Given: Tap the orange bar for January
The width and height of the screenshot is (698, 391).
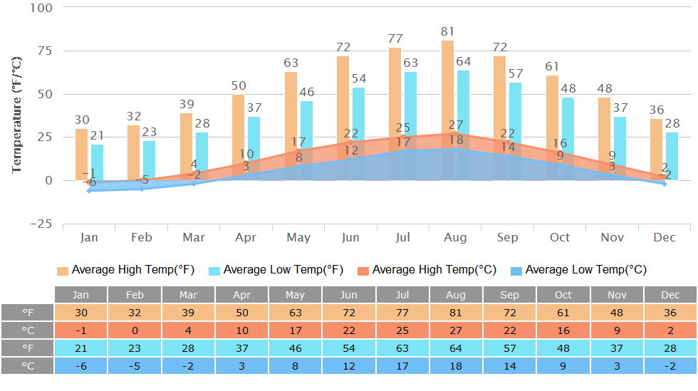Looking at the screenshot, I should click(x=82, y=153).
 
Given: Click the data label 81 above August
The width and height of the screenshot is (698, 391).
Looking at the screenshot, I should click(x=447, y=31).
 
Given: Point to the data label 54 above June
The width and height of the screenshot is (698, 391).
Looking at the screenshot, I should click(x=359, y=78).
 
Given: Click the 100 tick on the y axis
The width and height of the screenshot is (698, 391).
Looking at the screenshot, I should click(x=41, y=8).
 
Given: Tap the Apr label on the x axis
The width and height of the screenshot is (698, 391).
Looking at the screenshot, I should click(x=246, y=237).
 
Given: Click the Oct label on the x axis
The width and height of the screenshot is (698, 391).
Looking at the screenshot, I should click(x=560, y=237).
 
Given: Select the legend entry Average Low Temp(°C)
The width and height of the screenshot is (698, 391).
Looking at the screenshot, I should click(x=578, y=270).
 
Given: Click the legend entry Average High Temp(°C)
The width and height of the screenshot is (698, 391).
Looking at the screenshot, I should click(x=426, y=270).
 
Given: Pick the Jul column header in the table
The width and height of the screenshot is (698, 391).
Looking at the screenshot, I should click(x=402, y=295).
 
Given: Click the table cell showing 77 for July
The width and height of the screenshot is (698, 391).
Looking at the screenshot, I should click(x=402, y=313).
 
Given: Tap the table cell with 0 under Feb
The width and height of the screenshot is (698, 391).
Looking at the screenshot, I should click(x=135, y=330).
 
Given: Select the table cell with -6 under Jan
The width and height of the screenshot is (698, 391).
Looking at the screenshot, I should click(x=81, y=365).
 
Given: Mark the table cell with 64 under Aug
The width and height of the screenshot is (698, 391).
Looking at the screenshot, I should click(x=456, y=348).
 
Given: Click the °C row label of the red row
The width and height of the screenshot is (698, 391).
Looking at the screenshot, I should click(x=27, y=330).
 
